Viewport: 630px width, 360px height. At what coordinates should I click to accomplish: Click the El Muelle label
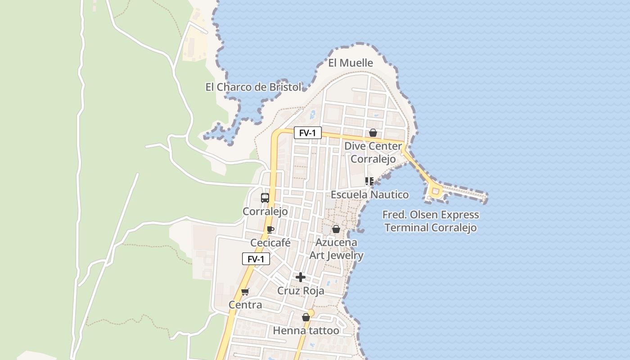[x=351, y=63]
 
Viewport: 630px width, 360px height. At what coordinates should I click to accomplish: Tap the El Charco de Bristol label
[x=253, y=87]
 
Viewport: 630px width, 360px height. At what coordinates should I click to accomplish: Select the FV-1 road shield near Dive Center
[x=308, y=133]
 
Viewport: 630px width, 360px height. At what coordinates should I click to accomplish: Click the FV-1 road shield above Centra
[x=256, y=259]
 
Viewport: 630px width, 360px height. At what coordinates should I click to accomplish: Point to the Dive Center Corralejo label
[x=373, y=153]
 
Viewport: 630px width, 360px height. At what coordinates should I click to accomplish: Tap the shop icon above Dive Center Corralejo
[x=373, y=133]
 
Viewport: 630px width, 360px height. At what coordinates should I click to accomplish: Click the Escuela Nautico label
[x=370, y=194]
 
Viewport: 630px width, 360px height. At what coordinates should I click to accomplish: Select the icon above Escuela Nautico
[x=369, y=181]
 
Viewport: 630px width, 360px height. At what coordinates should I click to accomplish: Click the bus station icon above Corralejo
[x=265, y=198]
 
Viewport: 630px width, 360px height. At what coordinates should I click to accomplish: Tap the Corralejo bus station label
[x=265, y=211]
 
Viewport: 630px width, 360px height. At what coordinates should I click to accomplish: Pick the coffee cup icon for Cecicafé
[x=270, y=229]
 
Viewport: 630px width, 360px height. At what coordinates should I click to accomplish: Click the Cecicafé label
[x=270, y=243]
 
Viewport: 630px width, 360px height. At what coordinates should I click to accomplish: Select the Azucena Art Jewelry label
[x=336, y=249]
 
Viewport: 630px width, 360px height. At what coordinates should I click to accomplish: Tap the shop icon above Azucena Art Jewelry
[x=336, y=229]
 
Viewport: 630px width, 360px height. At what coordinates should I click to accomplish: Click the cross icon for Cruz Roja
[x=301, y=277]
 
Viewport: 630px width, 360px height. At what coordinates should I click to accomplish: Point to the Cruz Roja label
[x=301, y=291]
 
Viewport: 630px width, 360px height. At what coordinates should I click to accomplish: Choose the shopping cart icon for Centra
[x=245, y=292]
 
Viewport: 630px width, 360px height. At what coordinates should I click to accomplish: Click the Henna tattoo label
[x=306, y=331]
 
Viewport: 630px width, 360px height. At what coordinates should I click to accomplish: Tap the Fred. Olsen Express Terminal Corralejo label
[x=431, y=221]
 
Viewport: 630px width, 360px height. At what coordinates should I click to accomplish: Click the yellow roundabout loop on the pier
[x=435, y=192]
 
